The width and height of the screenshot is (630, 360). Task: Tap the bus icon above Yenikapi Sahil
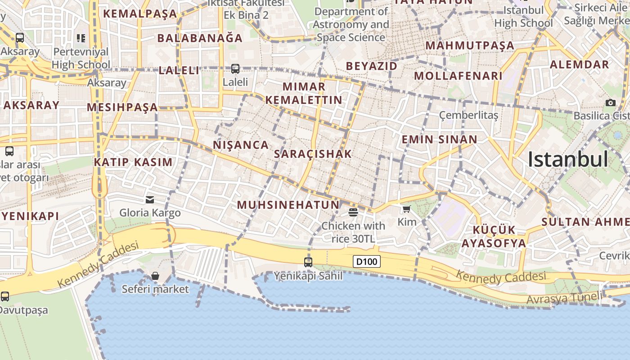308,262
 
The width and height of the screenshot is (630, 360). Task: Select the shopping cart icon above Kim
407,209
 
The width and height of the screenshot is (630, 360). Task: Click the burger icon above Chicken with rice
353,212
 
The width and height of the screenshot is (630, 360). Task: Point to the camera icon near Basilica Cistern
610,103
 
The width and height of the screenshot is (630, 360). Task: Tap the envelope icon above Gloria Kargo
150,199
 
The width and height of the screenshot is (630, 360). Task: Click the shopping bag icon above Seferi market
155,275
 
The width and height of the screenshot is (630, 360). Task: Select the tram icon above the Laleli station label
235,69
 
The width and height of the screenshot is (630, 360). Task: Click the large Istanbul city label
568,159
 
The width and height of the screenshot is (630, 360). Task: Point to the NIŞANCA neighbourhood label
241,145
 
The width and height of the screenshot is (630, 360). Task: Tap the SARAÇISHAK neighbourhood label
313,154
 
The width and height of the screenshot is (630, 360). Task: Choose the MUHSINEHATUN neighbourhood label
288,205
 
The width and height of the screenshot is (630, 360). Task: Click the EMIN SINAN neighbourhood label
439,139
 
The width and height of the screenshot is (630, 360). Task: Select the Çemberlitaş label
469,116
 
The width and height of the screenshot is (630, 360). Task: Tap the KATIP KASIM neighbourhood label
133,162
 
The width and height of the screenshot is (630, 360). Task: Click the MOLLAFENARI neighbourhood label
458,76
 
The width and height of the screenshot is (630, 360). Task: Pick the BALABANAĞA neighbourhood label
200,38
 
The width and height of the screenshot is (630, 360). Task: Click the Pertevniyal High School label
81,58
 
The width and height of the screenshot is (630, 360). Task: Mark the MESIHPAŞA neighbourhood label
122,107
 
